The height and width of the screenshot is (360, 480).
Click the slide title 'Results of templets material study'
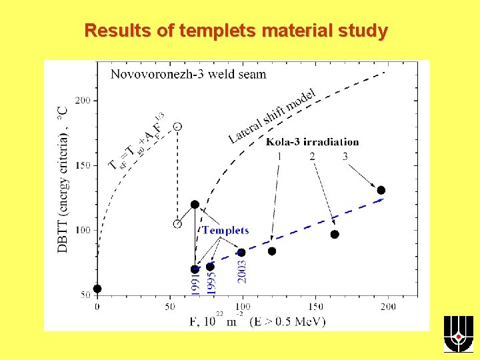236,31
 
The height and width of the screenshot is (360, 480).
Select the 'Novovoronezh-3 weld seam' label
188,74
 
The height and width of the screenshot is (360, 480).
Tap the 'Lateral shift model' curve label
272,115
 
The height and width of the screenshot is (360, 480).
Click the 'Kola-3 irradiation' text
312,141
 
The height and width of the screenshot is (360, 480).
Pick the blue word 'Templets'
225,231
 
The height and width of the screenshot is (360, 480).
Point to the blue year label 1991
195,285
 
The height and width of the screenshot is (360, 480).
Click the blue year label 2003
242,272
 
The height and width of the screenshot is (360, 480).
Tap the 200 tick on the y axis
83,101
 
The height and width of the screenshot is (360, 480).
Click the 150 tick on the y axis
83,165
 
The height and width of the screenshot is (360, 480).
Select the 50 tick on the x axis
170,306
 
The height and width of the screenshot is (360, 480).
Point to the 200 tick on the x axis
388,306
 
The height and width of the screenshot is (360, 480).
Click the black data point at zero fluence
97,289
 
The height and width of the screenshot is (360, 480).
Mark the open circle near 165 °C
177,125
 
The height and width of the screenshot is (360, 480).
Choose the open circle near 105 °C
177,224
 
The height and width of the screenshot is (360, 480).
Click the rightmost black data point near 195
381,190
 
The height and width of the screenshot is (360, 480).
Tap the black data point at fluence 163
335,234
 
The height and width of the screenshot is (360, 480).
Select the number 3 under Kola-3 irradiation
345,157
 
